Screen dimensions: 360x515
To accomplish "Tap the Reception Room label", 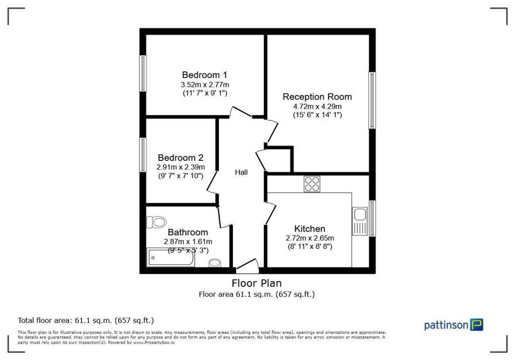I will (317, 97).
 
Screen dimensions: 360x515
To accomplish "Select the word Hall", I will (241, 172).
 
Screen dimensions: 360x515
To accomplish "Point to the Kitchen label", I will (309, 229).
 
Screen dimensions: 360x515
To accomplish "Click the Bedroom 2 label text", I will (180, 157).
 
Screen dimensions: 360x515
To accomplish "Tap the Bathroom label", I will (188, 232).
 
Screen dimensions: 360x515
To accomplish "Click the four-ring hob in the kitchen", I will (312, 184).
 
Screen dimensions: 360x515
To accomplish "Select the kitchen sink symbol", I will (360, 221).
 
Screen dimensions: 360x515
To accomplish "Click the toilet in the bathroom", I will (157, 222).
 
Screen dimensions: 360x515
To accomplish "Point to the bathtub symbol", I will (170, 257).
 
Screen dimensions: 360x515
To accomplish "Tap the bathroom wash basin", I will (215, 262).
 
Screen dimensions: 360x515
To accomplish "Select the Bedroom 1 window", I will (143, 73).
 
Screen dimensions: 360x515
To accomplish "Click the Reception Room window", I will (372, 100).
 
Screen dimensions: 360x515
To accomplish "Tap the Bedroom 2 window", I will (143, 155).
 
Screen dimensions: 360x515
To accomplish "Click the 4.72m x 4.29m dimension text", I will (317, 107).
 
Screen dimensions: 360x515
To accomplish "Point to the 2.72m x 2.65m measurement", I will (309, 238).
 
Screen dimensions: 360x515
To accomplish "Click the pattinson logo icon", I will (476, 325).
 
